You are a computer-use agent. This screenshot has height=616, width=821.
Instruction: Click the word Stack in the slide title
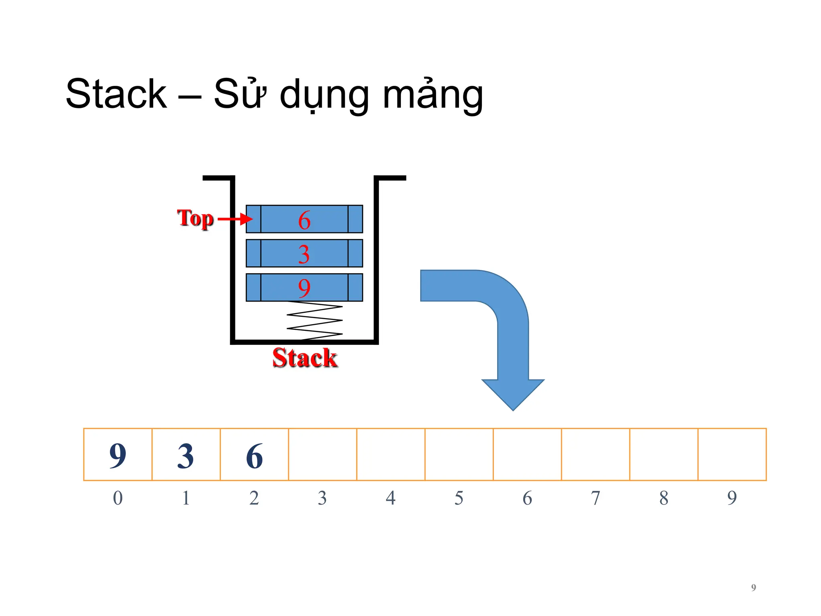(116, 94)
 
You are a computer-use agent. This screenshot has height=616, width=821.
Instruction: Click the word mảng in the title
(433, 95)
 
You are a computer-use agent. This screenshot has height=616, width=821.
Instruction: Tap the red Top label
(195, 219)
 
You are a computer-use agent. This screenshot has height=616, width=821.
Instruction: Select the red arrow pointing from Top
(235, 219)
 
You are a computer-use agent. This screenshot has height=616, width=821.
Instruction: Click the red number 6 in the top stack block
(304, 220)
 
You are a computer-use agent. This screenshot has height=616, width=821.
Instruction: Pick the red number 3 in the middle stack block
(304, 254)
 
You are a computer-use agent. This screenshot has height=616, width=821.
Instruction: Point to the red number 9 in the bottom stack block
(304, 288)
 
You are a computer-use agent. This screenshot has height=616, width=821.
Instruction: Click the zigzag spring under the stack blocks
(315, 321)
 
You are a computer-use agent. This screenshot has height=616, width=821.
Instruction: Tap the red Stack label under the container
(305, 358)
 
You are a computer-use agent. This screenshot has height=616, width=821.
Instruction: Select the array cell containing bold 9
(118, 455)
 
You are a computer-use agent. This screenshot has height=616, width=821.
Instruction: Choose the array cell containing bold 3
(186, 455)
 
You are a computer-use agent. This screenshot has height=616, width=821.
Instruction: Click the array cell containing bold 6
(254, 455)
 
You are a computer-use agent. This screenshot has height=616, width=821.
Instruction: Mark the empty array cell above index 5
(459, 455)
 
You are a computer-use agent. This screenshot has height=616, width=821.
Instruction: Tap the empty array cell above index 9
(732, 455)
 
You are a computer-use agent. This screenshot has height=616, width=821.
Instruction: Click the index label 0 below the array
(118, 498)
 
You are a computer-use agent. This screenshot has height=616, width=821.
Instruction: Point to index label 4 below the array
(391, 498)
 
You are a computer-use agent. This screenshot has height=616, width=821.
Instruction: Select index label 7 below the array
(596, 498)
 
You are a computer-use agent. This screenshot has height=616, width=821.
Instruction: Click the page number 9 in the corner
(753, 588)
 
